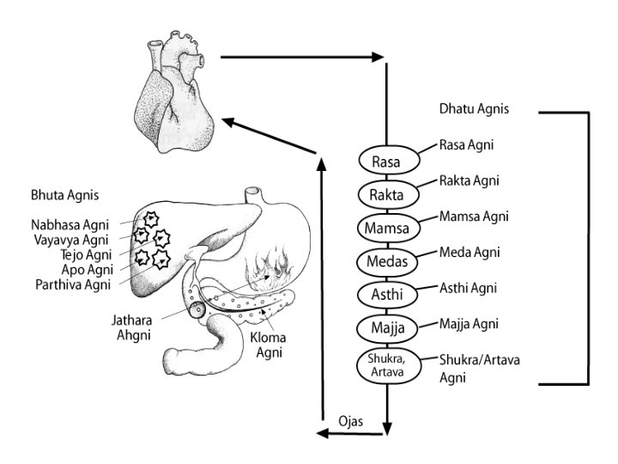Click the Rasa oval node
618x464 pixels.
[x=387, y=161]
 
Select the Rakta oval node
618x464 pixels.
[x=387, y=194]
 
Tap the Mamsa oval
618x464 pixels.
[x=387, y=228]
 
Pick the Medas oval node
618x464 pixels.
[x=387, y=260]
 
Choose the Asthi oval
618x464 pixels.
[x=387, y=294]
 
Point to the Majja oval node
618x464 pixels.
[x=387, y=327]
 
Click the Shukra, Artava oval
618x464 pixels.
[x=387, y=364]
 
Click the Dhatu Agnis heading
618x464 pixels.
[x=475, y=109]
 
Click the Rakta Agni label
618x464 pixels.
[x=470, y=180]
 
